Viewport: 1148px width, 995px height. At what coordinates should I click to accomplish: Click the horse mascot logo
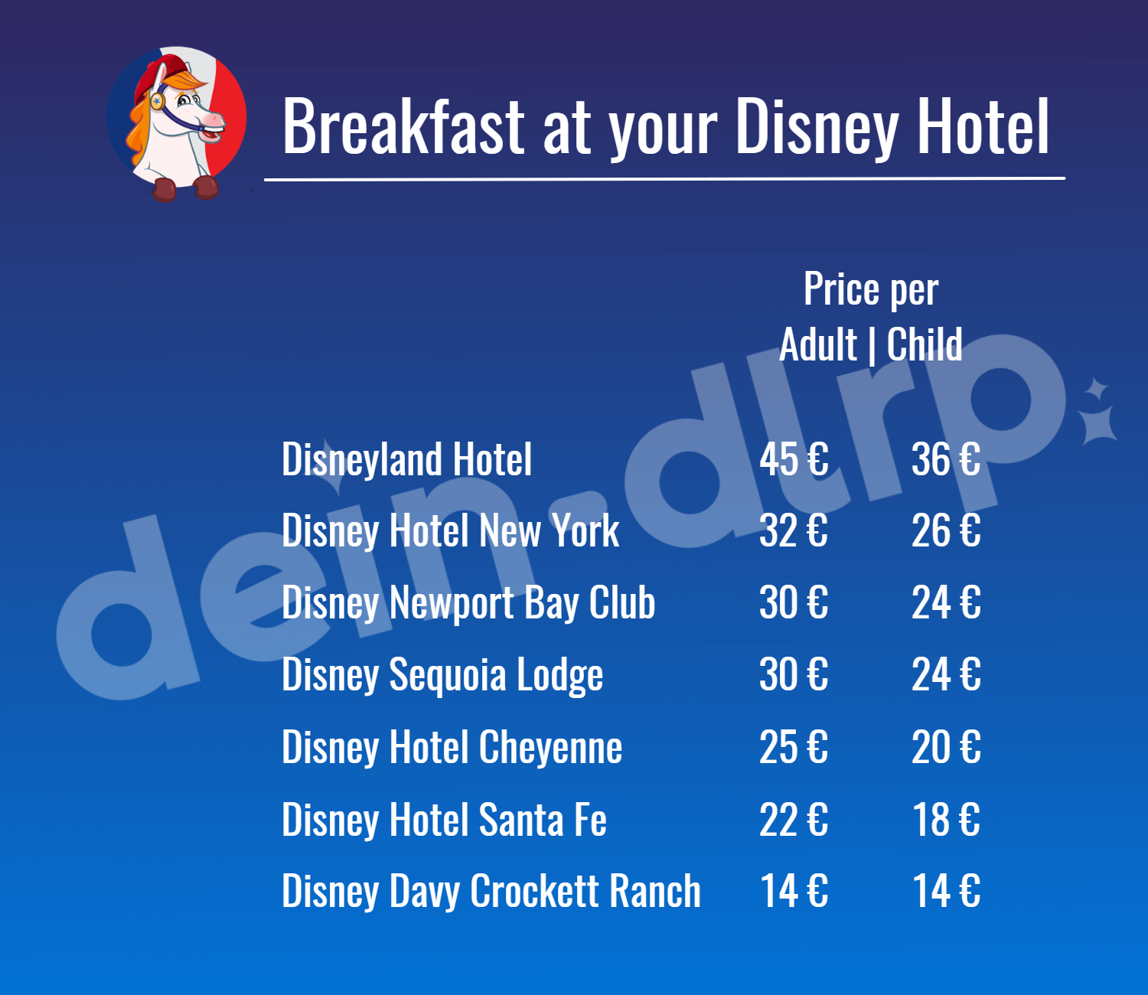click(177, 123)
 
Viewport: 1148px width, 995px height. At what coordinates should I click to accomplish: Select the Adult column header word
click(817, 344)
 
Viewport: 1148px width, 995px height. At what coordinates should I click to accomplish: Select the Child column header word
click(925, 344)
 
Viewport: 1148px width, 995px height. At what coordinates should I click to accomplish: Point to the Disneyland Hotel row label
click(406, 460)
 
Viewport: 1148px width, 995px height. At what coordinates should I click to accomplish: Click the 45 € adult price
click(794, 459)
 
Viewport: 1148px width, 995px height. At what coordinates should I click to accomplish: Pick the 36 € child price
click(946, 459)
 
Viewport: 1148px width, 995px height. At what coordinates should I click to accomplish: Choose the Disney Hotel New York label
click(451, 531)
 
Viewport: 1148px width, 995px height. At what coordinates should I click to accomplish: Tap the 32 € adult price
click(794, 530)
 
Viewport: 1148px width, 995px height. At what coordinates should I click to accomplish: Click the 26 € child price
click(946, 530)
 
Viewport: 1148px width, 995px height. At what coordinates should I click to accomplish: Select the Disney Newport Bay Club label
click(468, 603)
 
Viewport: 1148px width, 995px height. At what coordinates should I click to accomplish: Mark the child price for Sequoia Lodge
click(946, 674)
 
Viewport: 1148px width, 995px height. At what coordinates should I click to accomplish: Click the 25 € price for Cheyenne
click(794, 747)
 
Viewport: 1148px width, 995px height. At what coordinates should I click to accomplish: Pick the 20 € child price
click(946, 747)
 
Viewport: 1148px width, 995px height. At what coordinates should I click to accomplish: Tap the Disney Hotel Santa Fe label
click(445, 820)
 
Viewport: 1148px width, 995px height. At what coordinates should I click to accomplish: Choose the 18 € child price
click(946, 819)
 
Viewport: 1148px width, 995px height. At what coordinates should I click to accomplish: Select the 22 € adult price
click(794, 819)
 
